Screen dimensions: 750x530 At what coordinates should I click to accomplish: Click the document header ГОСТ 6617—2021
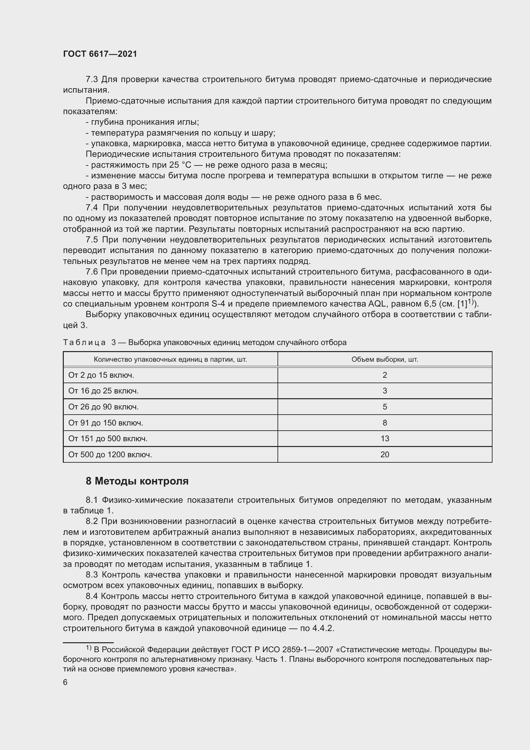[100, 54]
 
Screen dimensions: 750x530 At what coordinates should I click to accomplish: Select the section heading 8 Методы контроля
[137, 481]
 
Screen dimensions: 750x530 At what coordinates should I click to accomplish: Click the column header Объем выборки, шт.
[385, 360]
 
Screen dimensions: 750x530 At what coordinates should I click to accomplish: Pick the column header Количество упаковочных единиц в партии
[170, 360]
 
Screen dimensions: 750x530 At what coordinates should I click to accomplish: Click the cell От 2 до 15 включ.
[101, 375]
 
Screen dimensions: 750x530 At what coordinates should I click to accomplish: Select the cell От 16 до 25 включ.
[104, 391]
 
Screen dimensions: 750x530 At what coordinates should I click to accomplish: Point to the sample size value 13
[385, 439]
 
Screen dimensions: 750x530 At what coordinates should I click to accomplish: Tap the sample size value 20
[385, 455]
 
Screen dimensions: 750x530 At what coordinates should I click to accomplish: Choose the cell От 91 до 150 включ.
[106, 423]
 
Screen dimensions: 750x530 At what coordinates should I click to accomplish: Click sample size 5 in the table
[385, 407]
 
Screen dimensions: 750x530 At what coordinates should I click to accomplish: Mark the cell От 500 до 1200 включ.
[110, 455]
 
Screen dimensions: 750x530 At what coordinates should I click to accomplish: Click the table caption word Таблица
[84, 343]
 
